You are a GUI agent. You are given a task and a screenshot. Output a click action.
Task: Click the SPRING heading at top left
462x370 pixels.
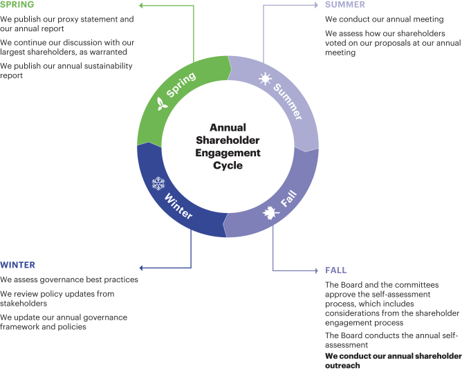click(x=17, y=5)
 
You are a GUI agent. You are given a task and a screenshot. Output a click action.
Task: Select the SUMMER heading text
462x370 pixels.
click(x=345, y=5)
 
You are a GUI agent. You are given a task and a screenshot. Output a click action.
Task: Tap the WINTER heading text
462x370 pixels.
click(x=18, y=265)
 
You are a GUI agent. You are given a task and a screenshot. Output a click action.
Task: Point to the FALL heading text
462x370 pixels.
click(x=336, y=270)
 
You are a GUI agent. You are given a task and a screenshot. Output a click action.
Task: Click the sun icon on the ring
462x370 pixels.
click(x=265, y=80)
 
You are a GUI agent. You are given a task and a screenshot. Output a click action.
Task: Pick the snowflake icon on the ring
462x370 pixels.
click(x=158, y=184)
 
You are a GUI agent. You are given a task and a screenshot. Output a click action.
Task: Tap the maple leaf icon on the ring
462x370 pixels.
click(x=268, y=214)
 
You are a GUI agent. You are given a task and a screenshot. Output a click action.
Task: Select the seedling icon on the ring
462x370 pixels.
click(x=162, y=104)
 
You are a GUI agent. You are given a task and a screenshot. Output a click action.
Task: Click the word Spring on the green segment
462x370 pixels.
click(x=181, y=86)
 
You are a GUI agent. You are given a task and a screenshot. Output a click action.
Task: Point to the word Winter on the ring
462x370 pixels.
click(x=178, y=205)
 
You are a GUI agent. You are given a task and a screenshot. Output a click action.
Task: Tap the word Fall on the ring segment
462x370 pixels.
click(x=289, y=201)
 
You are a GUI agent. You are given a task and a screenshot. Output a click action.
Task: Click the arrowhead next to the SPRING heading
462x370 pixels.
click(x=142, y=5)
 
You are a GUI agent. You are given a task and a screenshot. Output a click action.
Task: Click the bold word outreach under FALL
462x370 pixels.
click(x=342, y=366)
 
